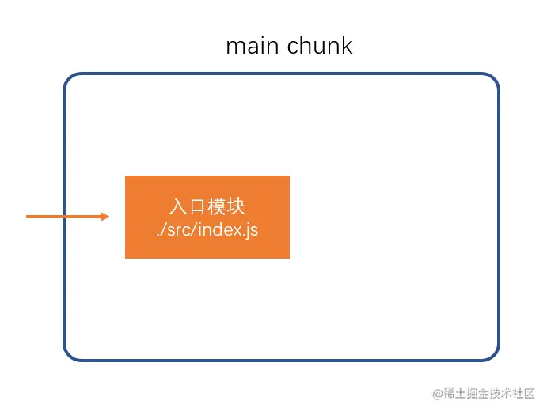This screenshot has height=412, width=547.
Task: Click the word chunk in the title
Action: point(320,45)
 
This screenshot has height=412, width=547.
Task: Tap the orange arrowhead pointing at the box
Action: point(105,217)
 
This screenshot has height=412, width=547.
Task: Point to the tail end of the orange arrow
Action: point(26,217)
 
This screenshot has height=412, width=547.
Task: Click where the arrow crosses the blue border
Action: point(64,217)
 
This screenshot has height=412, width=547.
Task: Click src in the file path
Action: point(178,230)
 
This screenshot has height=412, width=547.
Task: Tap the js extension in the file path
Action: point(253,231)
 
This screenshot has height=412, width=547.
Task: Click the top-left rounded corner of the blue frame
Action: point(70,79)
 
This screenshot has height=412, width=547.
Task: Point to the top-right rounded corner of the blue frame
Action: point(493,79)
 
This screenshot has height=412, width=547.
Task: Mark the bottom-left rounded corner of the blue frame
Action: point(70,355)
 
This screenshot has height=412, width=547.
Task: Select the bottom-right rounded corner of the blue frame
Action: point(493,355)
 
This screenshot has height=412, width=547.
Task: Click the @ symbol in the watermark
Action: point(438,395)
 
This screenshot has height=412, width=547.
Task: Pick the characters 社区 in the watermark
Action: point(524,394)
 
